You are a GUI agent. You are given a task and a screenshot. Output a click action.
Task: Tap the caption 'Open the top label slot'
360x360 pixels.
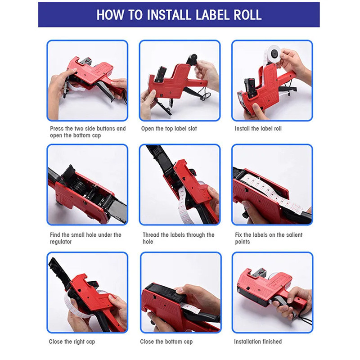click(x=169, y=129)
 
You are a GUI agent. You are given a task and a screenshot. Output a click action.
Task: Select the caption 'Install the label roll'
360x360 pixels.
click(x=258, y=129)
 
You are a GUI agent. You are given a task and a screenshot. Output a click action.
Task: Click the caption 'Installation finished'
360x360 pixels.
click(x=258, y=342)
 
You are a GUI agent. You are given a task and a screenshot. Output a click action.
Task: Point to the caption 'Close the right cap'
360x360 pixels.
click(x=72, y=342)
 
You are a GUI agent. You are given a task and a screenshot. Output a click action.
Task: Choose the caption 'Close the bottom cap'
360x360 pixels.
click(x=166, y=342)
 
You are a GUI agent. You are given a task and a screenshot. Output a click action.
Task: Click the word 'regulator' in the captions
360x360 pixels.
click(x=61, y=242)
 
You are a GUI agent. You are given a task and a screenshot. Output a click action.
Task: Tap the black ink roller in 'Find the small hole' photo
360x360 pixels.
click(x=78, y=185)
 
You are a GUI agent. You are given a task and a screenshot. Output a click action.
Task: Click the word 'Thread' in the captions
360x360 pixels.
click(x=151, y=235)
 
